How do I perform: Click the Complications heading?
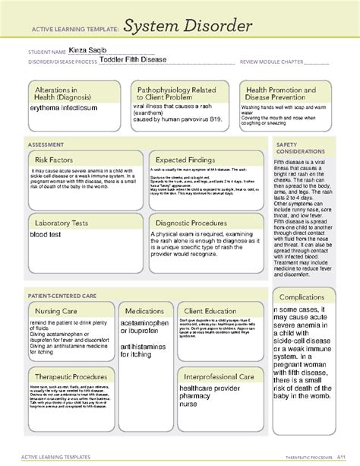[304, 296]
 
